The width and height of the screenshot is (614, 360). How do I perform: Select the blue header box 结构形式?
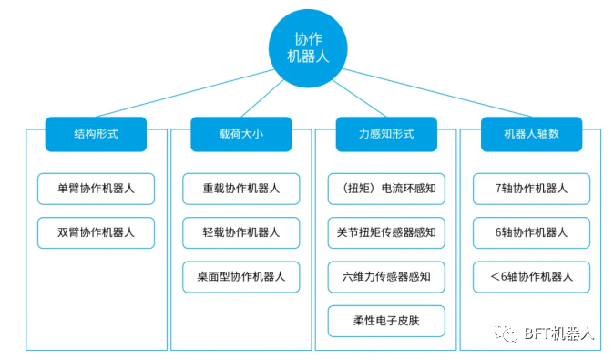96,134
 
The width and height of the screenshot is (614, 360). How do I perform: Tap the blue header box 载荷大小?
241,134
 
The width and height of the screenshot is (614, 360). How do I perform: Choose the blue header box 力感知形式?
386,134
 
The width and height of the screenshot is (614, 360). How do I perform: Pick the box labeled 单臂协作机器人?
96,189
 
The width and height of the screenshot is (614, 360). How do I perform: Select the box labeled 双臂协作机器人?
96,232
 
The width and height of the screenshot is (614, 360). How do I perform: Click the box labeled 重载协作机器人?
241,189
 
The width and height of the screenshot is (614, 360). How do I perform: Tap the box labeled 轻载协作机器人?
241,232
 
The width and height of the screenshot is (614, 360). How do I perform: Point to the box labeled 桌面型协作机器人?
241,276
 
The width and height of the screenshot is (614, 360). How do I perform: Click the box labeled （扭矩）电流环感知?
386,189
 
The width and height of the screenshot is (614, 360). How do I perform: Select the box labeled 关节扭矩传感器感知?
386,232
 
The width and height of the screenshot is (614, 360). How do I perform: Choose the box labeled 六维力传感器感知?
386,276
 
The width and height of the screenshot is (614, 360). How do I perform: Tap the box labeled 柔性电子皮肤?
386,320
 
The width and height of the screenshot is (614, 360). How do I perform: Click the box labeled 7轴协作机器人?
531,189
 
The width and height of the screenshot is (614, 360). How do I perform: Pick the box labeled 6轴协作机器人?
531,232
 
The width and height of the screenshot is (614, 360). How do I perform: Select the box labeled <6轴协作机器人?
531,276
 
